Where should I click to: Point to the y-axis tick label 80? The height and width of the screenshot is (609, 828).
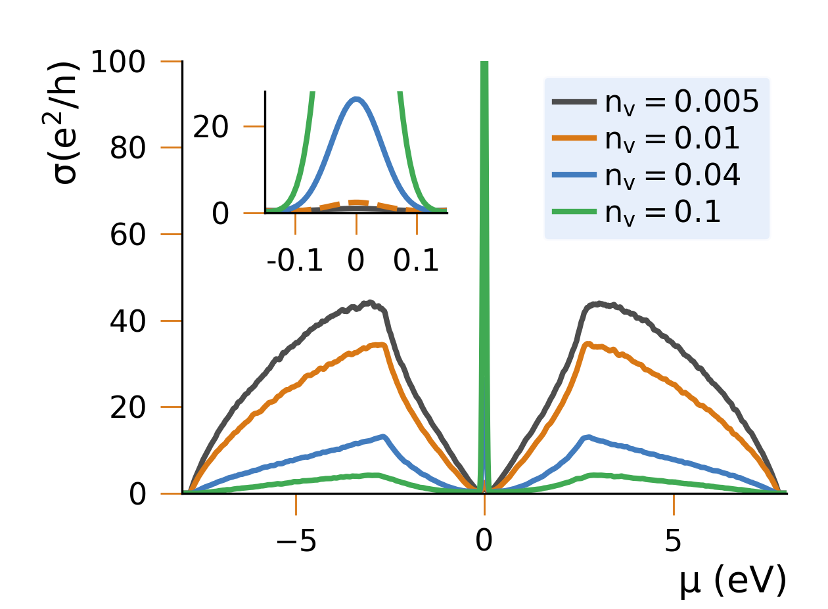point(137,148)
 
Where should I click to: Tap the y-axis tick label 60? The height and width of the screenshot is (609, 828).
point(137,235)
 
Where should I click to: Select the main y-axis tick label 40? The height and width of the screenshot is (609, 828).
point(137,321)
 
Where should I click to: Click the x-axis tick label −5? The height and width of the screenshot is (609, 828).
point(295,542)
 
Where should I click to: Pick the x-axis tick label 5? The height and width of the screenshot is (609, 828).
point(674,542)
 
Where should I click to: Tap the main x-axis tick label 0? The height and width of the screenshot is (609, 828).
point(484,542)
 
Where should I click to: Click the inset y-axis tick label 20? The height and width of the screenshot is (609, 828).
point(210,127)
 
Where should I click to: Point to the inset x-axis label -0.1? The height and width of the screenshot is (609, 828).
point(295,261)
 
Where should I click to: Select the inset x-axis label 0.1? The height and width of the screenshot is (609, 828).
point(417,261)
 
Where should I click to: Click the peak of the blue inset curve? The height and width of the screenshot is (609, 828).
point(356,99)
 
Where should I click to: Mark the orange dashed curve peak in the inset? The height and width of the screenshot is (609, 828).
point(356,202)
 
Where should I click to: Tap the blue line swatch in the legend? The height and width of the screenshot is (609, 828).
point(574,175)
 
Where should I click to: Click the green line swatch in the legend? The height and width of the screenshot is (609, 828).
point(574,212)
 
